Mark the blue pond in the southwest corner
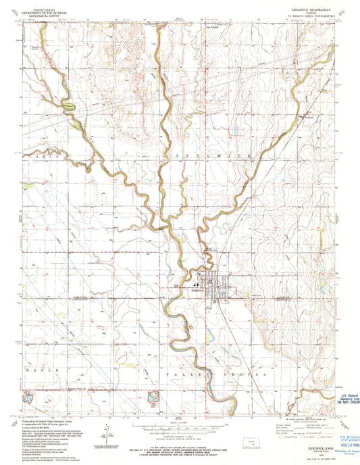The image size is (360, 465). [28, 399]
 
